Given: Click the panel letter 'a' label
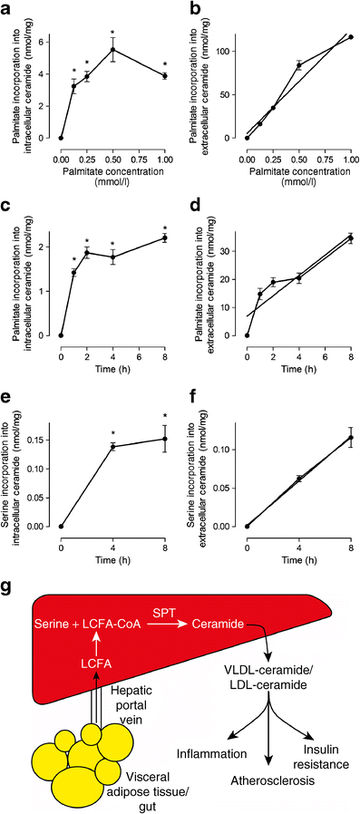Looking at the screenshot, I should [x=7, y=8].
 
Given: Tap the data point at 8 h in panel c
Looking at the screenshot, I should [x=164, y=238].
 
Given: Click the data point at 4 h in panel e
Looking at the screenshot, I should [x=112, y=447].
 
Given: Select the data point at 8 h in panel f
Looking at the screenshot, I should [x=350, y=437].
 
